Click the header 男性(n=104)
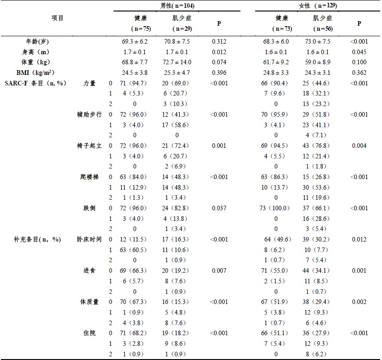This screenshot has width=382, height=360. tap(177, 5)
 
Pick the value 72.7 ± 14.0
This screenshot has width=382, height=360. tap(177, 62)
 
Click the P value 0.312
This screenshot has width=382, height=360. tap(219, 41)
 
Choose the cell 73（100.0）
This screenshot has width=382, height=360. tap(276, 208)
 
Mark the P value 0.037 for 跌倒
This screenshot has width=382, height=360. tap(219, 208)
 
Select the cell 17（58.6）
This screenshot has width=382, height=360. tap(177, 124)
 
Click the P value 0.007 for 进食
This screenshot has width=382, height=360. tap(219, 270)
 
